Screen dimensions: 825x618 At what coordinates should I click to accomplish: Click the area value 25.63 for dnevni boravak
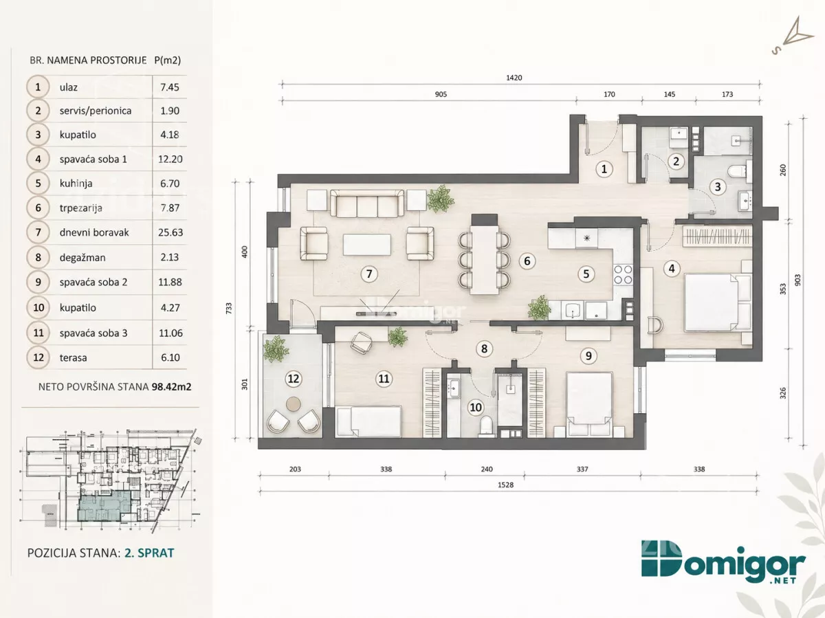pyautogui.click(x=170, y=232)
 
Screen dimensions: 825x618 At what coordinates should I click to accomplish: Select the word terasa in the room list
pyautogui.click(x=74, y=357)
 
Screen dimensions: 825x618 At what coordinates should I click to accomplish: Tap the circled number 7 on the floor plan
pyautogui.click(x=369, y=274)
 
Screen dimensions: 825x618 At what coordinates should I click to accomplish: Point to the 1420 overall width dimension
pyautogui.click(x=514, y=78)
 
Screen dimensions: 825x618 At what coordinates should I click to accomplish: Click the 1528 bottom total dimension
pyautogui.click(x=505, y=485)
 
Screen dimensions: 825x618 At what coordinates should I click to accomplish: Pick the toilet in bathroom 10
pyautogui.click(x=486, y=426)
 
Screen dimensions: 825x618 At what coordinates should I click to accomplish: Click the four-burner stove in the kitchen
pyautogui.click(x=623, y=274)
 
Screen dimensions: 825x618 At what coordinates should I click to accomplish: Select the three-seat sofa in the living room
pyautogui.click(x=367, y=203)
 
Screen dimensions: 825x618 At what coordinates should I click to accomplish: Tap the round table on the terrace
pyautogui.click(x=293, y=404)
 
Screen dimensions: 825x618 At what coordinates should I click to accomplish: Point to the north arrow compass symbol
pyautogui.click(x=792, y=36)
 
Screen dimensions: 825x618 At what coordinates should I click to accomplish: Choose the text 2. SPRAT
pyautogui.click(x=149, y=553)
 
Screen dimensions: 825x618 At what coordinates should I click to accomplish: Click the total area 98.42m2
pyautogui.click(x=171, y=387)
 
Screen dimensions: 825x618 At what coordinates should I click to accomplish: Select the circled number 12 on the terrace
pyautogui.click(x=293, y=379)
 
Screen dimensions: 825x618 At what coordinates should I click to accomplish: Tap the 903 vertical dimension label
pyautogui.click(x=797, y=280)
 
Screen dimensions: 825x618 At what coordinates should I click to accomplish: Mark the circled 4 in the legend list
pyautogui.click(x=38, y=159)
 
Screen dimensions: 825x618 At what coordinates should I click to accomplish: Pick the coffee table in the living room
pyautogui.click(x=367, y=245)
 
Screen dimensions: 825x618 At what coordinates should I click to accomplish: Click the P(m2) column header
pyautogui.click(x=168, y=60)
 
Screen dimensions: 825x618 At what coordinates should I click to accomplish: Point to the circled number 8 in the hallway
pyautogui.click(x=484, y=349)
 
